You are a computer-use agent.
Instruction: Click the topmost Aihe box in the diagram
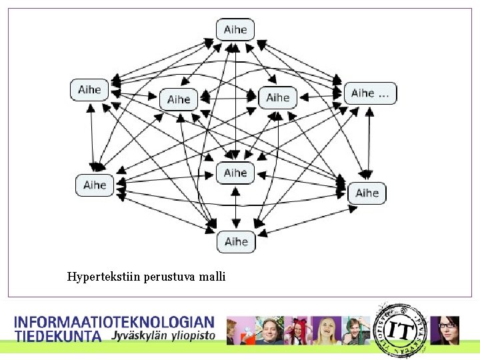pyautogui.click(x=235, y=29)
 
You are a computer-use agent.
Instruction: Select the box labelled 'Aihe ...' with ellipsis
pyautogui.click(x=370, y=93)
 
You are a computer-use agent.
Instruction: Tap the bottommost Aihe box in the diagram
pyautogui.click(x=236, y=241)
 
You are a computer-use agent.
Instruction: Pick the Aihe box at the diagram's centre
pyautogui.click(x=235, y=173)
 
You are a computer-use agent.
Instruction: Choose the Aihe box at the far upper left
pyautogui.click(x=89, y=90)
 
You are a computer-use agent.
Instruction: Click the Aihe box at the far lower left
pyautogui.click(x=95, y=185)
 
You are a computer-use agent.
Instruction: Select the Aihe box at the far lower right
pyautogui.click(x=367, y=193)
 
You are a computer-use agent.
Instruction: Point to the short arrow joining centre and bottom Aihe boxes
pyautogui.click(x=235, y=207)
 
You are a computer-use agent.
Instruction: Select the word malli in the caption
pyautogui.click(x=213, y=276)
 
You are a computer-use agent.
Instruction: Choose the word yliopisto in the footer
pyautogui.click(x=194, y=336)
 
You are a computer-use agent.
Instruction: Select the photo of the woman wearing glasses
pyautogui.click(x=445, y=330)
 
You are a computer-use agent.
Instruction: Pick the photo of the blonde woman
pyautogui.click(x=326, y=331)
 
